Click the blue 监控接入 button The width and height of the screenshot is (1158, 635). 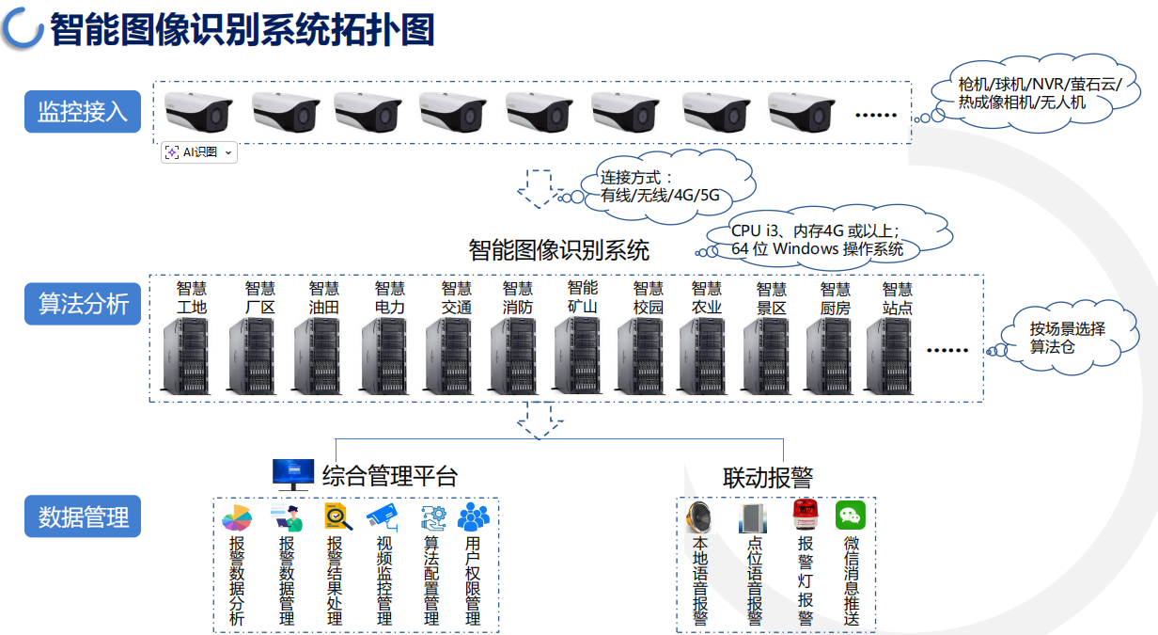[x=83, y=111]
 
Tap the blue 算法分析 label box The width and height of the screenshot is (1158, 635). [x=83, y=303]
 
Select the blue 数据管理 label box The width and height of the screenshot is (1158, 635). [x=83, y=516]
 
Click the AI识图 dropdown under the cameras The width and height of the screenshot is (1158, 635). [x=199, y=152]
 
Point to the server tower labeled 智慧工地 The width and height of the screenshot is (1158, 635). [x=187, y=356]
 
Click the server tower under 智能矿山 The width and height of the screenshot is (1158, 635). [x=577, y=355]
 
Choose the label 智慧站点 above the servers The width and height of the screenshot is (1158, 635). [x=897, y=298]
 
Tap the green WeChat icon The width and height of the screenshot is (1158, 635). [x=851, y=515]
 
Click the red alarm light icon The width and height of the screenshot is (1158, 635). [x=806, y=515]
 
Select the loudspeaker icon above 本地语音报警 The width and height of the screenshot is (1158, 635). [x=699, y=516]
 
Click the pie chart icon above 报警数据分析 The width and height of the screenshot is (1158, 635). [x=237, y=518]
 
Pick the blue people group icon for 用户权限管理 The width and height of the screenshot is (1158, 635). [x=473, y=516]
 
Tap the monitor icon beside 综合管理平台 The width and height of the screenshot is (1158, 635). [x=293, y=474]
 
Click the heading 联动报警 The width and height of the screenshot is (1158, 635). [x=768, y=477]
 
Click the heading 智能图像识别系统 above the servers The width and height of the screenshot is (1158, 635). [x=559, y=250]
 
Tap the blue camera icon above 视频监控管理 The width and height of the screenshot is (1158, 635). [x=383, y=517]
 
